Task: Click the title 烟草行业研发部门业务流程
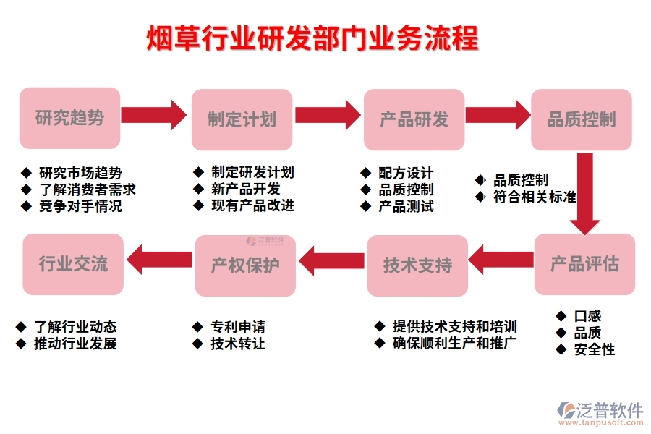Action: pyautogui.click(x=312, y=38)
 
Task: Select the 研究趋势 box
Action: pyautogui.click(x=69, y=119)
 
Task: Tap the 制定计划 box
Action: pyautogui.click(x=242, y=119)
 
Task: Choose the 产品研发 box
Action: pyautogui.click(x=414, y=119)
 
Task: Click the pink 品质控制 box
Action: pyautogui.click(x=582, y=119)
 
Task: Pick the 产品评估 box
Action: pyautogui.click(x=584, y=263)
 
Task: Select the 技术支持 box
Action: pyautogui.click(x=417, y=265)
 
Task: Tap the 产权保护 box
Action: pyautogui.click(x=245, y=265)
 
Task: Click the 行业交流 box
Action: pyautogui.click(x=73, y=264)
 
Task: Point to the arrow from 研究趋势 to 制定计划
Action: pyautogui.click(x=153, y=115)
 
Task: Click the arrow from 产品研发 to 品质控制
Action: pyautogui.click(x=497, y=115)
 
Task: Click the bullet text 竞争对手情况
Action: pyautogui.click(x=80, y=206)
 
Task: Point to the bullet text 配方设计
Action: pyautogui.click(x=406, y=173)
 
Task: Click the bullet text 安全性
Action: pyautogui.click(x=594, y=349)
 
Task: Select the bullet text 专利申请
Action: pyautogui.click(x=237, y=327)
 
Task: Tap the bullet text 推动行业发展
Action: pyautogui.click(x=75, y=344)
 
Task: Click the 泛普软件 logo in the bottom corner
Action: pyautogui.click(x=600, y=413)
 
